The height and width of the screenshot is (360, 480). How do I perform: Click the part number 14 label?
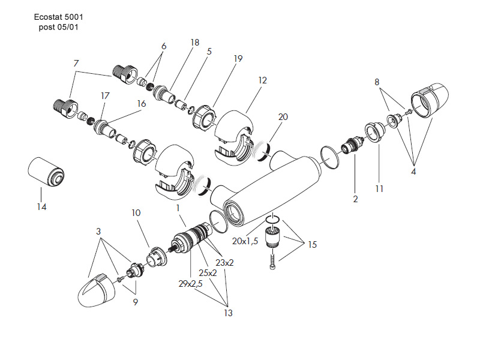tap(41, 208)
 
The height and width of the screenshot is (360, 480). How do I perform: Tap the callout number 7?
tap(76, 63)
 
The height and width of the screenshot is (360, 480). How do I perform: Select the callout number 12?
tap(262, 80)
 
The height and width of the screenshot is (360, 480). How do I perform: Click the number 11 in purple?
tap(379, 188)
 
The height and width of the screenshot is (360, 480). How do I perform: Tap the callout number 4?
tap(413, 171)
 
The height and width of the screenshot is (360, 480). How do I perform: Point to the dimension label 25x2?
tap(208, 272)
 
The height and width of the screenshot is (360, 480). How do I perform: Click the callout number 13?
tap(228, 313)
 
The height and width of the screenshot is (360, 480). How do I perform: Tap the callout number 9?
tap(136, 302)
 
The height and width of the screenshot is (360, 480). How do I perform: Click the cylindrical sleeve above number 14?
tap(47, 171)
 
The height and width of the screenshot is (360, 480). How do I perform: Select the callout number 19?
tap(238, 59)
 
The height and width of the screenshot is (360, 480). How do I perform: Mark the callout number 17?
tap(105, 95)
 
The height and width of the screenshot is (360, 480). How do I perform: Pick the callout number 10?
tap(136, 213)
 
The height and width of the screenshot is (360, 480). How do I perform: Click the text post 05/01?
tap(59, 28)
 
